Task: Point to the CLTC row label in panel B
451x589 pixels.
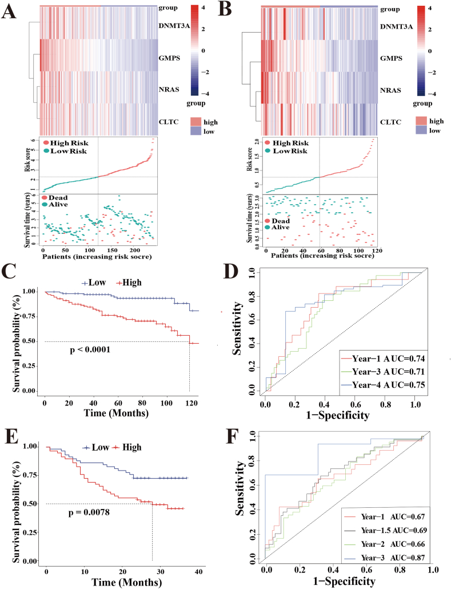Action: (392, 122)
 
